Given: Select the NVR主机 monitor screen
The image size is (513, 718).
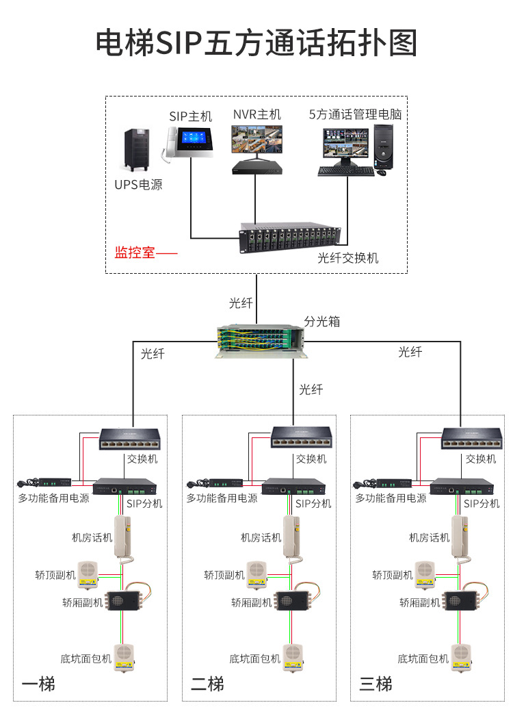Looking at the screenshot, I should click(256, 140).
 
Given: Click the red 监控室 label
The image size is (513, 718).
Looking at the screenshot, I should click(135, 253).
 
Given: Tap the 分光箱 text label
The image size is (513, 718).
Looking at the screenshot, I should click(322, 321).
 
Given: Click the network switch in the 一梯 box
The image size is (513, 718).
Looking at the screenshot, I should click(129, 437).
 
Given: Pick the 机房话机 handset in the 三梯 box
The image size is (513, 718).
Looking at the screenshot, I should click(462, 537).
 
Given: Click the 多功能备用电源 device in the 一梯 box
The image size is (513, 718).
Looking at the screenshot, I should click(48, 483).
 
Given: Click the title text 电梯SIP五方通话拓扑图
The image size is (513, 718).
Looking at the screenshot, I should click(256, 43).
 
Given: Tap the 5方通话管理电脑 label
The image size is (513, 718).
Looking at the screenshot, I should click(355, 114).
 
